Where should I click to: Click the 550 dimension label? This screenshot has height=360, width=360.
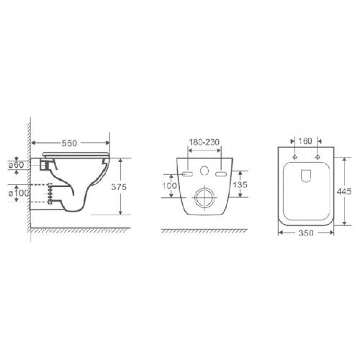(x=69, y=143)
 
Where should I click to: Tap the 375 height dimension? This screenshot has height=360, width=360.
(x=119, y=187)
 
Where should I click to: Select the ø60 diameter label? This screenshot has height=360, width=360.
(x=16, y=165)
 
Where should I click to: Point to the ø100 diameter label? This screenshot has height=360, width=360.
(x=19, y=193)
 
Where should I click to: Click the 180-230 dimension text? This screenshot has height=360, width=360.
(x=204, y=142)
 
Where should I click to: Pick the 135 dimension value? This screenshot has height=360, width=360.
(x=240, y=184)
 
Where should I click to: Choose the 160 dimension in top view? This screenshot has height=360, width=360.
(x=305, y=141)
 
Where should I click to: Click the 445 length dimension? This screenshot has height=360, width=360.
(x=344, y=192)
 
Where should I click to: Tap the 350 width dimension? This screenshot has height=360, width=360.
(x=306, y=233)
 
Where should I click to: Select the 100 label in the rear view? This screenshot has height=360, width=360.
(x=169, y=186)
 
